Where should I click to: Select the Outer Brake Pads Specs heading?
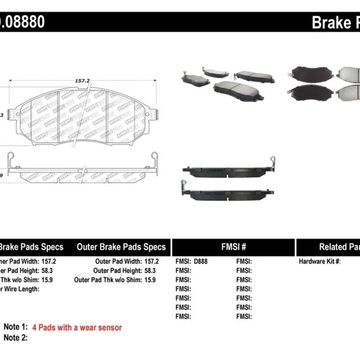pos(121,247)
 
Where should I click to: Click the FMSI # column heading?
pos(232,247)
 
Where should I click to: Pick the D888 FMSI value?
pos(200,261)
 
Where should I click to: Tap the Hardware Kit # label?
pos(320,261)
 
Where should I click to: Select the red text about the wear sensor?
pos(85,327)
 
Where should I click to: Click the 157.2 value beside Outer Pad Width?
pos(151,261)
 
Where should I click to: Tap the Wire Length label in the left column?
pos(20,289)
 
